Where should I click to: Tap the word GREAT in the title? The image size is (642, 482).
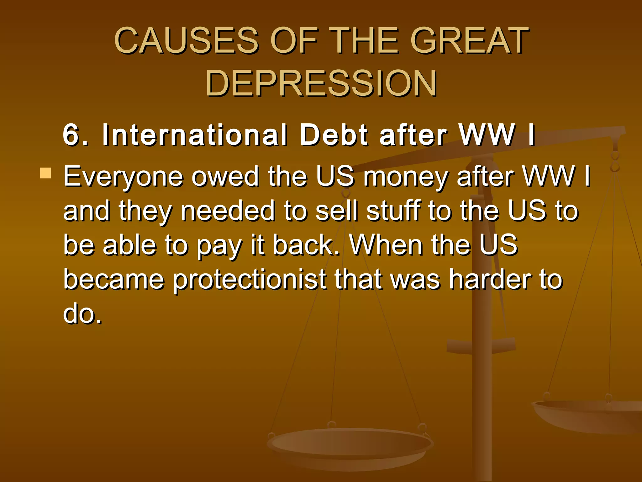click(469, 41)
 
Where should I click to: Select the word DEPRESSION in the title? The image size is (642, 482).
click(321, 83)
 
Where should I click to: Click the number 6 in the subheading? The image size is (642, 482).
click(72, 135)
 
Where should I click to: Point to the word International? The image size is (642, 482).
click(194, 135)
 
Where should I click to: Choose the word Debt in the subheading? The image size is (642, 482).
click(334, 135)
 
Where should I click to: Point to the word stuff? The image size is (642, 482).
click(393, 211)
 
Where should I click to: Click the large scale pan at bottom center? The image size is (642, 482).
click(350, 446)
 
